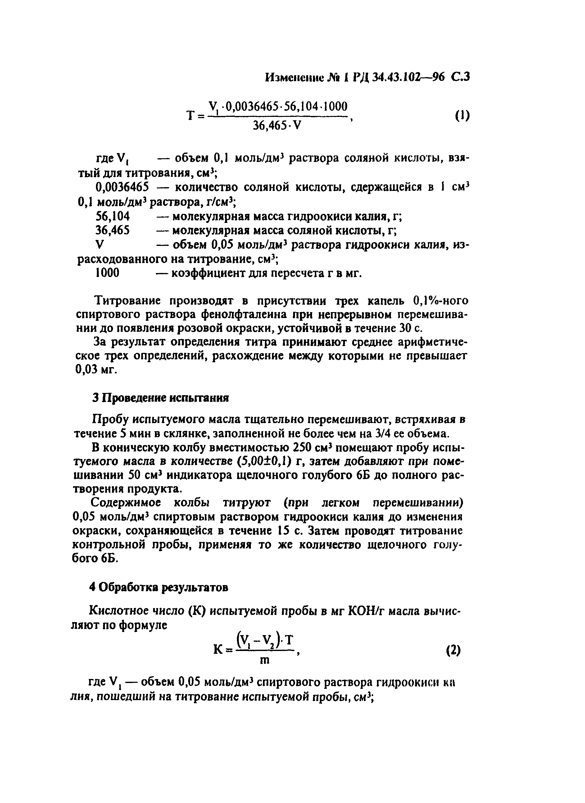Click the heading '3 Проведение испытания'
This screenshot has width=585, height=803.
[x=161, y=398]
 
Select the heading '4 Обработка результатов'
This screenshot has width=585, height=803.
[x=159, y=588]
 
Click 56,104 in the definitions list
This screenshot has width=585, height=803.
[x=113, y=216]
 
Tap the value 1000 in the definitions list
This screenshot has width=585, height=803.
[x=108, y=273]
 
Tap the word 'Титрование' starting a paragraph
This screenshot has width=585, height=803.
[x=129, y=301]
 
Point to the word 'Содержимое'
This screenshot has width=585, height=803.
[x=126, y=503]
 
